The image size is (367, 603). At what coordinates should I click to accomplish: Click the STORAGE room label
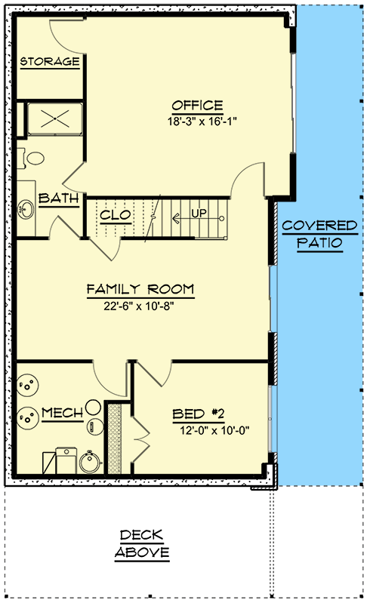tap(50, 62)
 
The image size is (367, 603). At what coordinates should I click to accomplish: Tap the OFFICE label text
tap(197, 105)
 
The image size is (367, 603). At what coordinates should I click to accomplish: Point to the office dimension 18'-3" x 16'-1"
tap(202, 122)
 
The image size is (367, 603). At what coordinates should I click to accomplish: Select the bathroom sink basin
tap(26, 209)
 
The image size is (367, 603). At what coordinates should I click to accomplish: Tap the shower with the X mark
tap(54, 118)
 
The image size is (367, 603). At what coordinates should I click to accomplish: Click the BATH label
tap(58, 198)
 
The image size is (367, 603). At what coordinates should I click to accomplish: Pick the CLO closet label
tap(116, 215)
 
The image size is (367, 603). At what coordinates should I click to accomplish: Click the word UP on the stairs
tap(199, 213)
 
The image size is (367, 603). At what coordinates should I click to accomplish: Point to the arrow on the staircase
tap(197, 219)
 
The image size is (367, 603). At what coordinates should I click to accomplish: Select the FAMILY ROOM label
tap(140, 289)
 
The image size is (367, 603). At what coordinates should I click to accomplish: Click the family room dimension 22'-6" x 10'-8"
tap(139, 306)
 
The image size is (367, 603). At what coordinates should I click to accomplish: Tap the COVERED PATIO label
tap(319, 234)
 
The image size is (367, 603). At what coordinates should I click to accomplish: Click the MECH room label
tap(63, 413)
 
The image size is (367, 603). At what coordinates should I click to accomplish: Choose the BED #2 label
tap(199, 414)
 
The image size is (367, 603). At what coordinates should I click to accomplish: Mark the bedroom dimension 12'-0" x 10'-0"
tap(214, 430)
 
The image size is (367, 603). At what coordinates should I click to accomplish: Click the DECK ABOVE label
tap(142, 543)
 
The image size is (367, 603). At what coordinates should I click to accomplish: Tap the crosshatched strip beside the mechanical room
tap(114, 438)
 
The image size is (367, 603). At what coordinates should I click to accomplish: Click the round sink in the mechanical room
tap(91, 461)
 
